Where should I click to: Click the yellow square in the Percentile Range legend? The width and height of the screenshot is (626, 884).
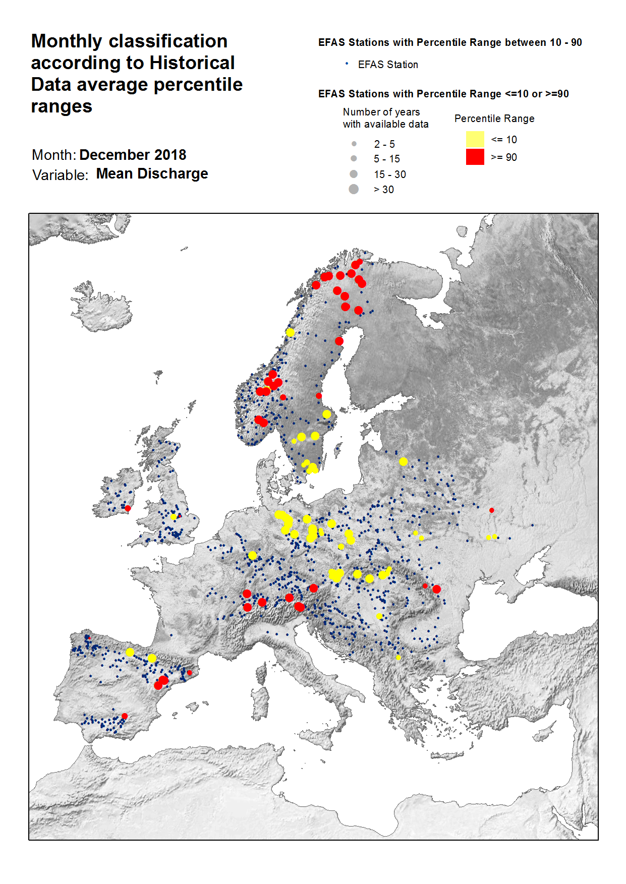pyautogui.click(x=475, y=139)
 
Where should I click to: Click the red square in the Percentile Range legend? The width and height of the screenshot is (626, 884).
pyautogui.click(x=475, y=157)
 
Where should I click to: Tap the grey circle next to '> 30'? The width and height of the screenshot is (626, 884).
pyautogui.click(x=354, y=189)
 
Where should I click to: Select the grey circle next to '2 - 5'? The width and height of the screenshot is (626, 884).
pyautogui.click(x=354, y=144)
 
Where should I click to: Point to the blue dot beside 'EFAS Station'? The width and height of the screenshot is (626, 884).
pyautogui.click(x=347, y=64)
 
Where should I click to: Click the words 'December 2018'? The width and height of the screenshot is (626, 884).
pyautogui.click(x=133, y=155)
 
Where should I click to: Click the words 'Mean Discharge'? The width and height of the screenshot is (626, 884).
pyautogui.click(x=152, y=174)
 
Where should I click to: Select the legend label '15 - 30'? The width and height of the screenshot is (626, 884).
pyautogui.click(x=389, y=174)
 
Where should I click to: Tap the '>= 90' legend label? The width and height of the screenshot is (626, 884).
pyautogui.click(x=503, y=157)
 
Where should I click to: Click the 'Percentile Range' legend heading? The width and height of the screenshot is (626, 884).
pyautogui.click(x=494, y=119)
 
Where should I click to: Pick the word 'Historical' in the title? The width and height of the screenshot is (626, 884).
pyautogui.click(x=192, y=63)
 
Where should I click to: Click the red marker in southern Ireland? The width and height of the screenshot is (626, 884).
pyautogui.click(x=128, y=508)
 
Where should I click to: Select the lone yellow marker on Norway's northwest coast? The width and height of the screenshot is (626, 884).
pyautogui.click(x=290, y=332)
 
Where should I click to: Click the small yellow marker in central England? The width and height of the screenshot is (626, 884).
pyautogui.click(x=173, y=517)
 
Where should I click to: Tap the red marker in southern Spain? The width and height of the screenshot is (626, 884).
pyautogui.click(x=125, y=716)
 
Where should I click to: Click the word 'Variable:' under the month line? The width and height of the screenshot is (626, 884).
pyautogui.click(x=60, y=175)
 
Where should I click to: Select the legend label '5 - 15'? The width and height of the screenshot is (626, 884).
pyautogui.click(x=386, y=159)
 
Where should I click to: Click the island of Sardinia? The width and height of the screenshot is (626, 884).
pyautogui.click(x=260, y=701)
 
